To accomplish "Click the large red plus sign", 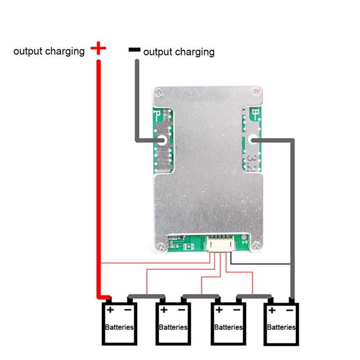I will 98,49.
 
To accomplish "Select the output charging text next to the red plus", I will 49,51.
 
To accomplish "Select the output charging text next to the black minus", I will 179,52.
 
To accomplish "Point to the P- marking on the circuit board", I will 157,114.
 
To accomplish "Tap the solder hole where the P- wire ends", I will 161,141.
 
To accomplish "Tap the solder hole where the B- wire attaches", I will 253,141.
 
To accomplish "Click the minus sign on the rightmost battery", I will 290,310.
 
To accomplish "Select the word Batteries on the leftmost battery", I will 119,327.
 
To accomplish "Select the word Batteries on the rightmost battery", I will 281,327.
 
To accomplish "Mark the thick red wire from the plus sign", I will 98,180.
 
